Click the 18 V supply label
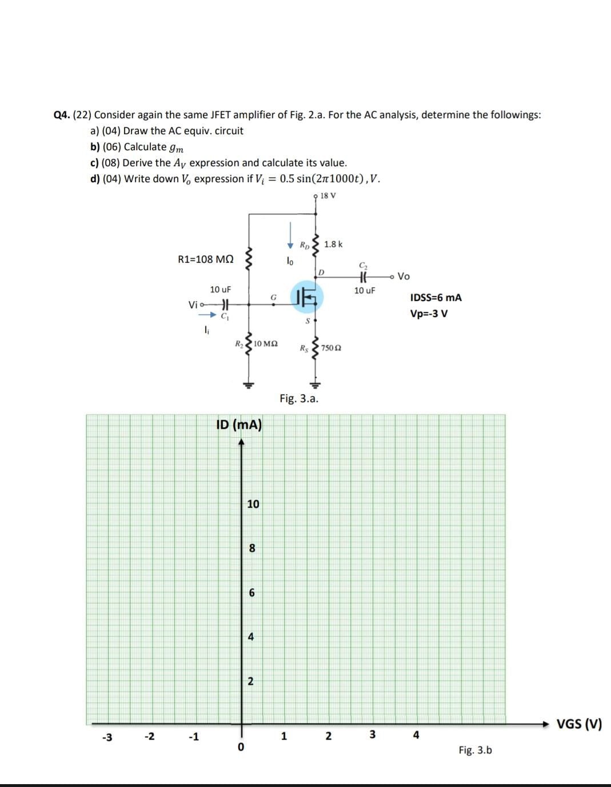328,196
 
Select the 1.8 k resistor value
333,244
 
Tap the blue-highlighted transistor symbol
307,296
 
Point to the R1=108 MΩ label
206,259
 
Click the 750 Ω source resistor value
332,348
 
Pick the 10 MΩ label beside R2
266,344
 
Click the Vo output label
404,276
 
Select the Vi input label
193,305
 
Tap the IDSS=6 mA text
436,298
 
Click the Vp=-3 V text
429,314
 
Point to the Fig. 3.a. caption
299,398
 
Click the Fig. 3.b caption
475,750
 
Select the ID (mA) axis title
239,425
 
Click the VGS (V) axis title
579,724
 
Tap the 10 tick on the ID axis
253,504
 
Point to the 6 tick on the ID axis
251,593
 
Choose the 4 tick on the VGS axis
416,735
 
